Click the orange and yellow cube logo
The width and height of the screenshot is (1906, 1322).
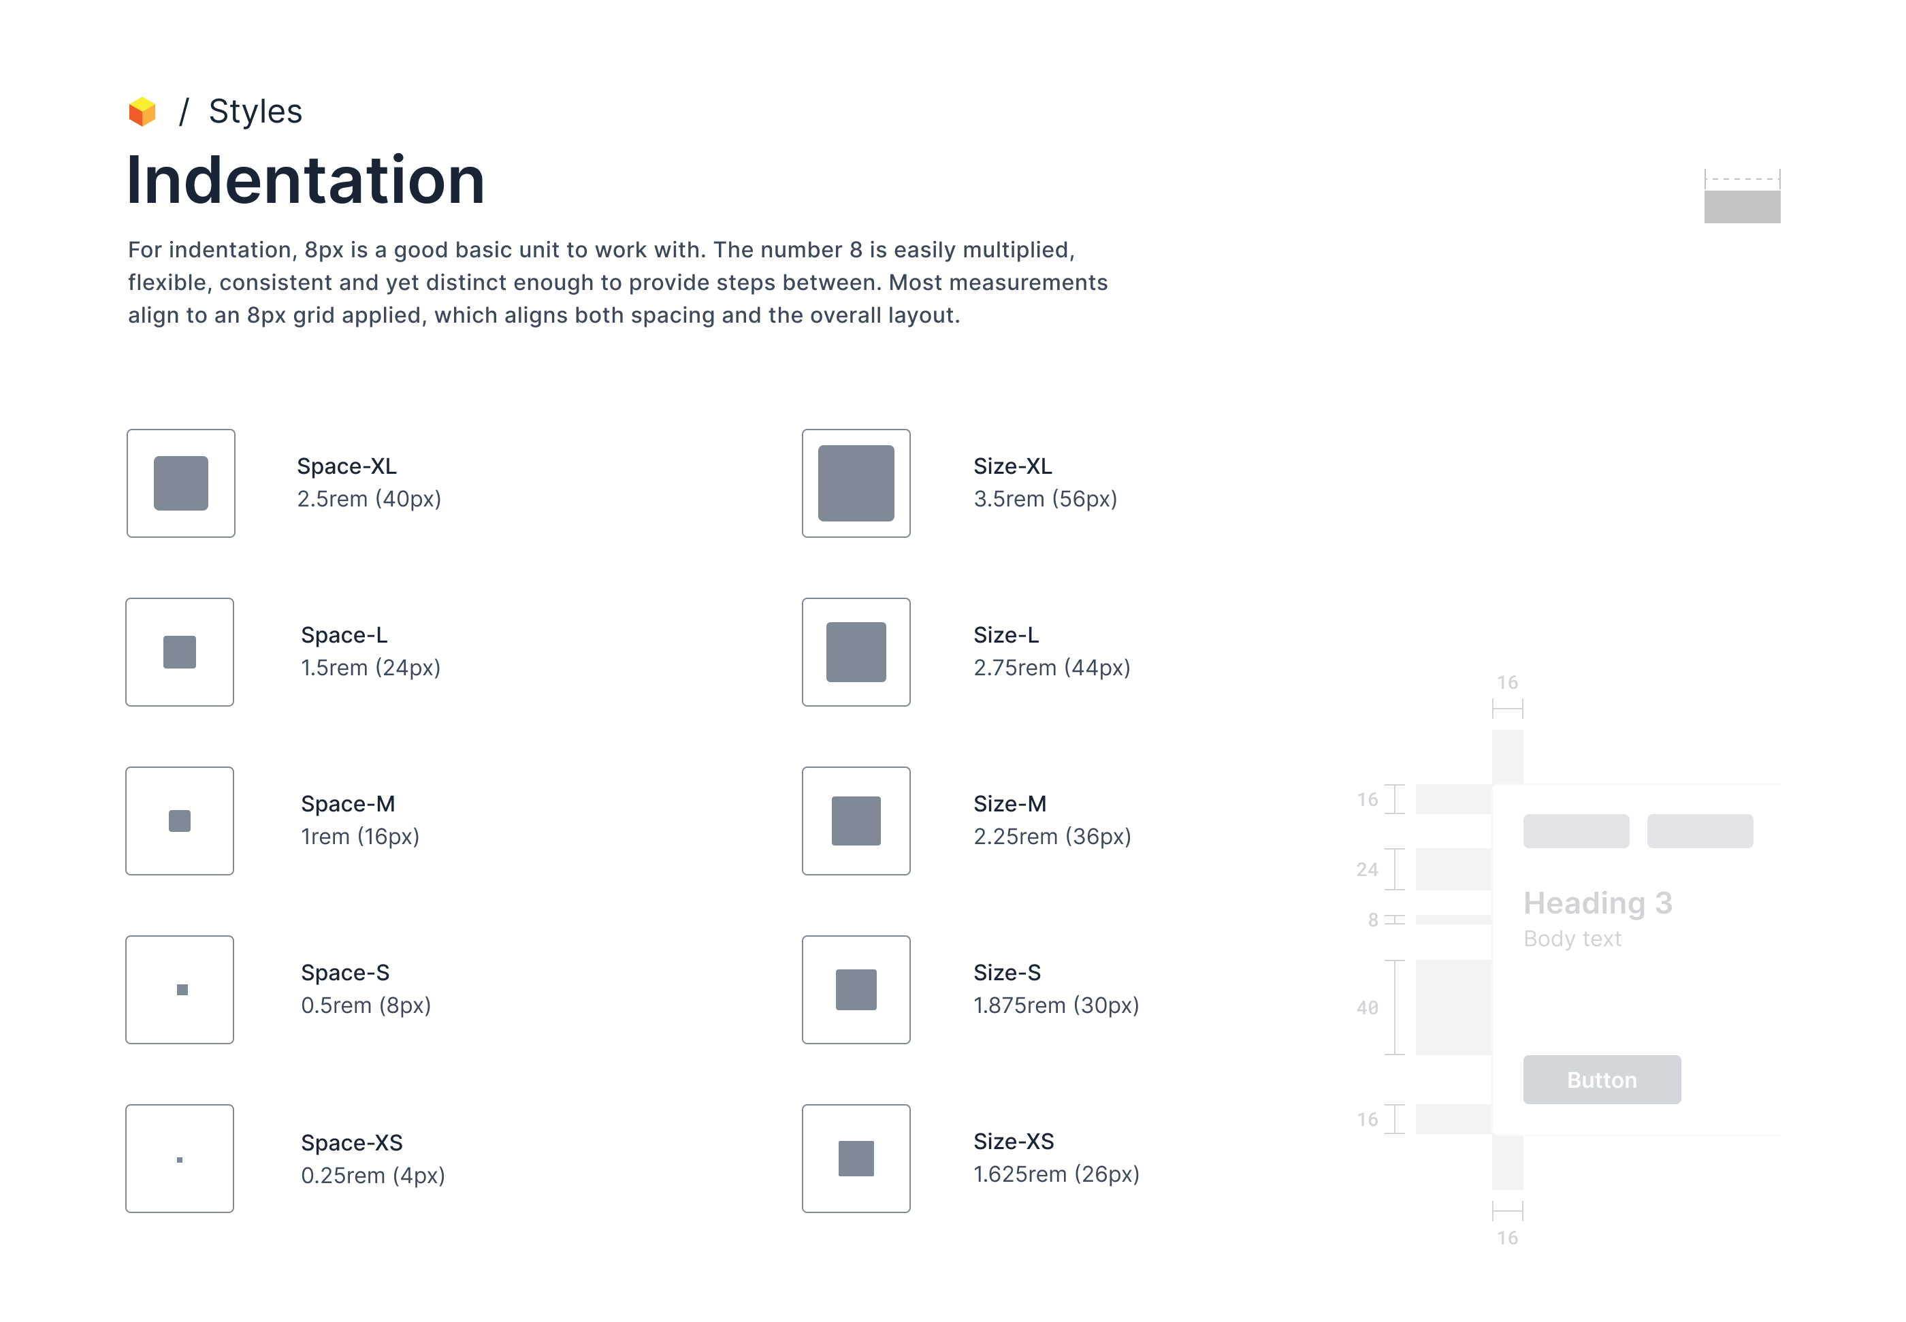click(142, 112)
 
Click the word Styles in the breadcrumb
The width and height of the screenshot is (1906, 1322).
click(255, 111)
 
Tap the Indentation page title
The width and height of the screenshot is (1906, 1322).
click(306, 180)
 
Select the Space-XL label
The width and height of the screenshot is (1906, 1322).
click(346, 466)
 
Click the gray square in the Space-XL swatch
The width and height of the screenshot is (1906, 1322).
click(180, 483)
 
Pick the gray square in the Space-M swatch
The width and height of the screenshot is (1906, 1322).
click(180, 821)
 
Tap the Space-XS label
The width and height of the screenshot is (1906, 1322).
click(351, 1143)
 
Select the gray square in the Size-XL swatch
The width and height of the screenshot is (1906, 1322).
click(856, 483)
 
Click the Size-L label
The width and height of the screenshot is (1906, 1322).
click(1005, 635)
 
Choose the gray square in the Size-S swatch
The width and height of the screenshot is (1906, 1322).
click(856, 990)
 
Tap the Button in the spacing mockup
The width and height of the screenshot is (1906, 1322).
click(1601, 1079)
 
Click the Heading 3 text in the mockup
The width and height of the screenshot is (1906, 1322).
click(1598, 903)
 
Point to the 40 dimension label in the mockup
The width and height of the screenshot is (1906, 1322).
click(1367, 1008)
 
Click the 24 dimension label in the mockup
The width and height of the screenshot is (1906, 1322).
click(1367, 870)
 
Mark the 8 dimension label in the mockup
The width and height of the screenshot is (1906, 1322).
click(1372, 920)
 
